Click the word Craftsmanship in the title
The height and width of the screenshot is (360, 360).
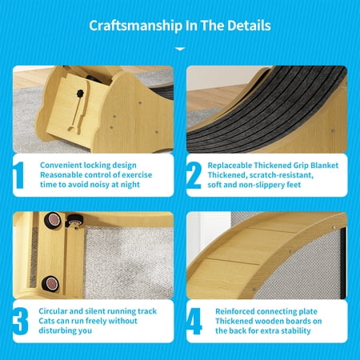pyautogui.click(x=135, y=26)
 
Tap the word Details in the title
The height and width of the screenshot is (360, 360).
pyautogui.click(x=249, y=26)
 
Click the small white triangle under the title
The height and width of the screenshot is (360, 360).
pyautogui.click(x=180, y=49)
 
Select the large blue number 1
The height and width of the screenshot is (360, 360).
pyautogui.click(x=18, y=175)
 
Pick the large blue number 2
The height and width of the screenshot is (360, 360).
pyautogui.click(x=194, y=175)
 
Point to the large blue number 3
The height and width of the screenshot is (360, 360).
pyautogui.click(x=20, y=322)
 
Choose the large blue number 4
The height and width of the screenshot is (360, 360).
pyautogui.click(x=194, y=322)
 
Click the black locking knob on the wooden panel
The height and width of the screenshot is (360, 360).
pyautogui.click(x=80, y=94)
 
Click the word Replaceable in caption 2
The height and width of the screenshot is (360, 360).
pyautogui.click(x=230, y=166)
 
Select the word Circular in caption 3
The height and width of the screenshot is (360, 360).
pyautogui.click(x=53, y=311)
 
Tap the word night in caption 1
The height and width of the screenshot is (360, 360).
pyautogui.click(x=130, y=185)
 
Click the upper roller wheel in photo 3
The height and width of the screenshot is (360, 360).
pyautogui.click(x=53, y=220)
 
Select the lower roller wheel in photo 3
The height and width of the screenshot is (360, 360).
pyautogui.click(x=50, y=283)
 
